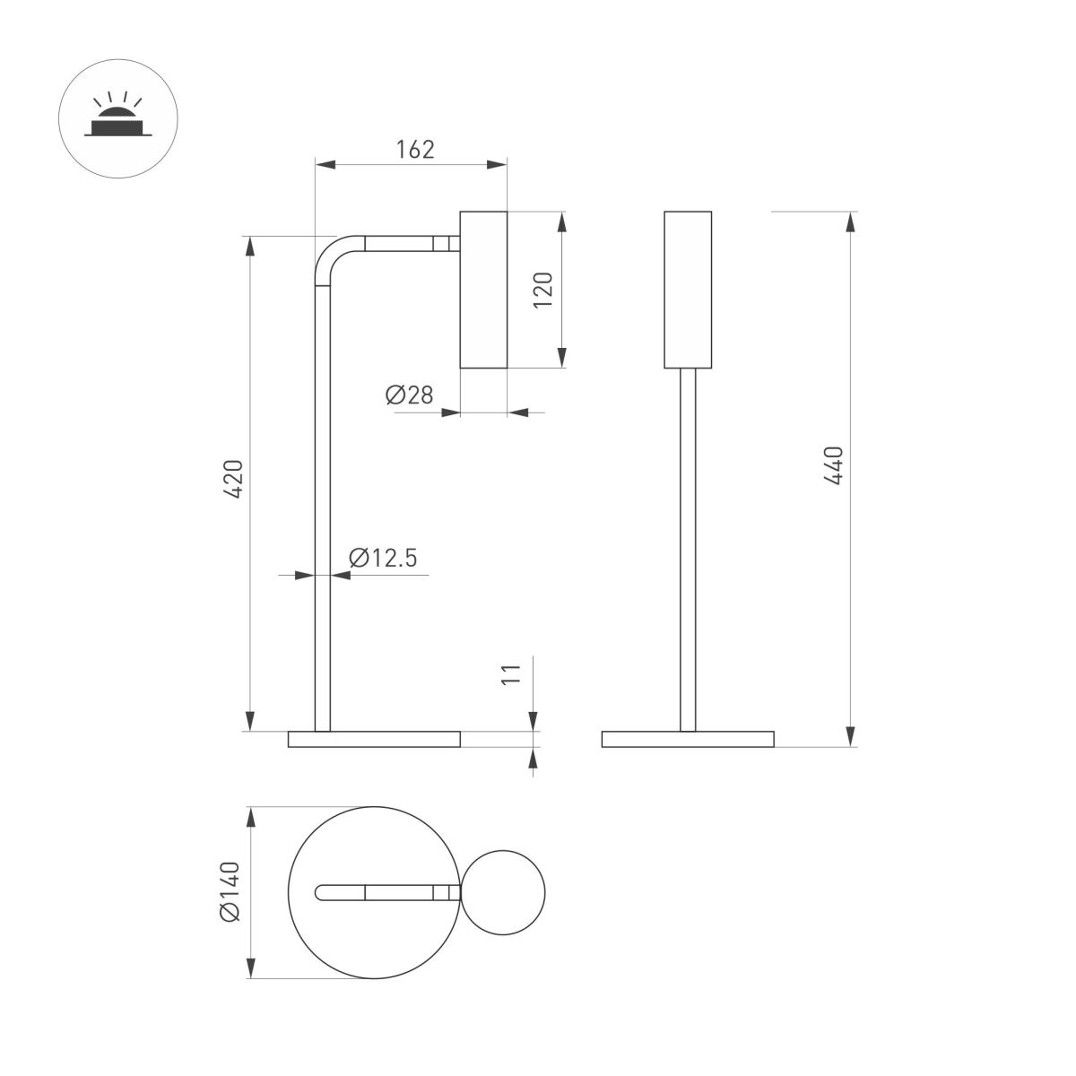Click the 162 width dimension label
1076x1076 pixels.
pos(415,149)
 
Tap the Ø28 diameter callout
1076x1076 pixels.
pos(410,395)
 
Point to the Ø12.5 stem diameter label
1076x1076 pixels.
pos(383,558)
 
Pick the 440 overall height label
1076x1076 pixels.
pos(833,465)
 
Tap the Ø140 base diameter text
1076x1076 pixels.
pos(230,890)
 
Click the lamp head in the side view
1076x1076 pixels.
pos(483,290)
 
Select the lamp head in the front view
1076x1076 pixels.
pos(688,290)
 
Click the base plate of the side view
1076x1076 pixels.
pos(374,740)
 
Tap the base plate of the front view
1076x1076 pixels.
pos(688,740)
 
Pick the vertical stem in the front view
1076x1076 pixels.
pos(688,547)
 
